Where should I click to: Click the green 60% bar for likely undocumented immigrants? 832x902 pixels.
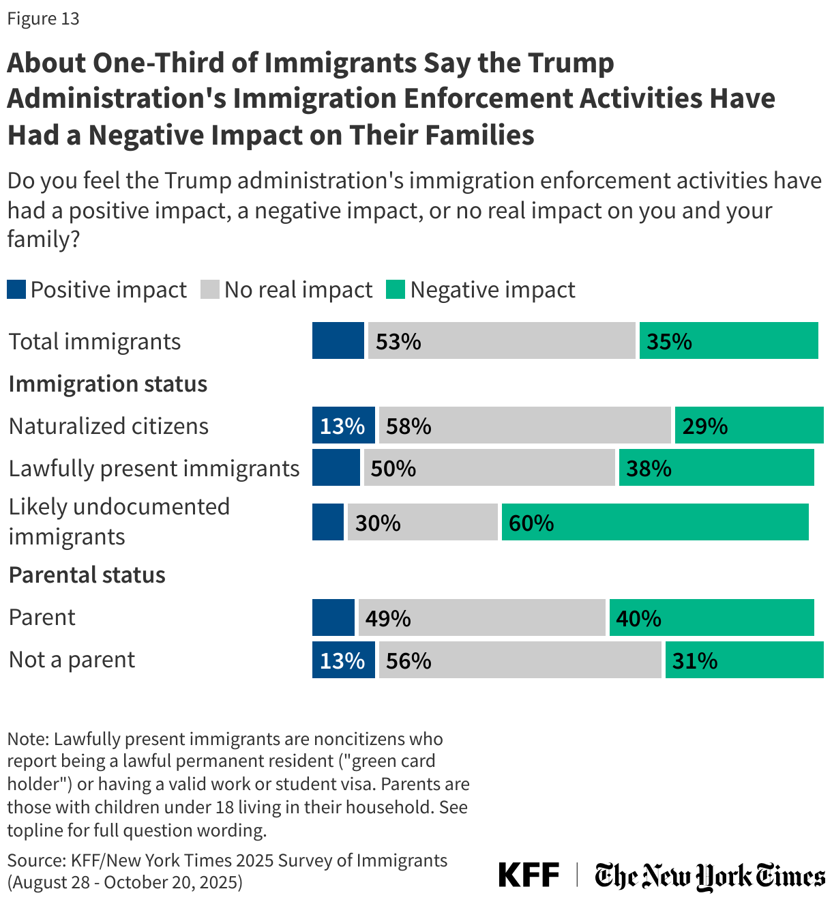[655, 522]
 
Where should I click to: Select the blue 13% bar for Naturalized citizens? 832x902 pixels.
[343, 425]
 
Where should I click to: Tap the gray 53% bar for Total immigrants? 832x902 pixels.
[501, 340]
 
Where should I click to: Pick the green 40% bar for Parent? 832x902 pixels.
[711, 617]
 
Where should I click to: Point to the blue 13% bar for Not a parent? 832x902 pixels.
[343, 660]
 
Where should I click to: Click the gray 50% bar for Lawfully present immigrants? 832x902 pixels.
[489, 467]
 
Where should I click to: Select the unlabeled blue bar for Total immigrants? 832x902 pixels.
[338, 340]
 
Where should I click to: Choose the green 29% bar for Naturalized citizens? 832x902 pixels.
[749, 425]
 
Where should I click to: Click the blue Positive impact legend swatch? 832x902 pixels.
[16, 289]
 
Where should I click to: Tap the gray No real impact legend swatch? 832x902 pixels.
[210, 289]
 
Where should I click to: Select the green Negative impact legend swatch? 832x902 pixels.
[396, 289]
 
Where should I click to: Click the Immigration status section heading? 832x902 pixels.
[108, 383]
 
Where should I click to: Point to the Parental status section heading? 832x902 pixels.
[87, 574]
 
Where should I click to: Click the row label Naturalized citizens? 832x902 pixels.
[108, 426]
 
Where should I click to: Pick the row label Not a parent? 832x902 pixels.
[72, 660]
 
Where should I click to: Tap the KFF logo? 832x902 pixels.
[529, 875]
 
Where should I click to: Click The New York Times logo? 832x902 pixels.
[709, 875]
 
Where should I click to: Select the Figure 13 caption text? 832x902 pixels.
[43, 18]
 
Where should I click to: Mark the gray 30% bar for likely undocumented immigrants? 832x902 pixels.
[422, 522]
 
